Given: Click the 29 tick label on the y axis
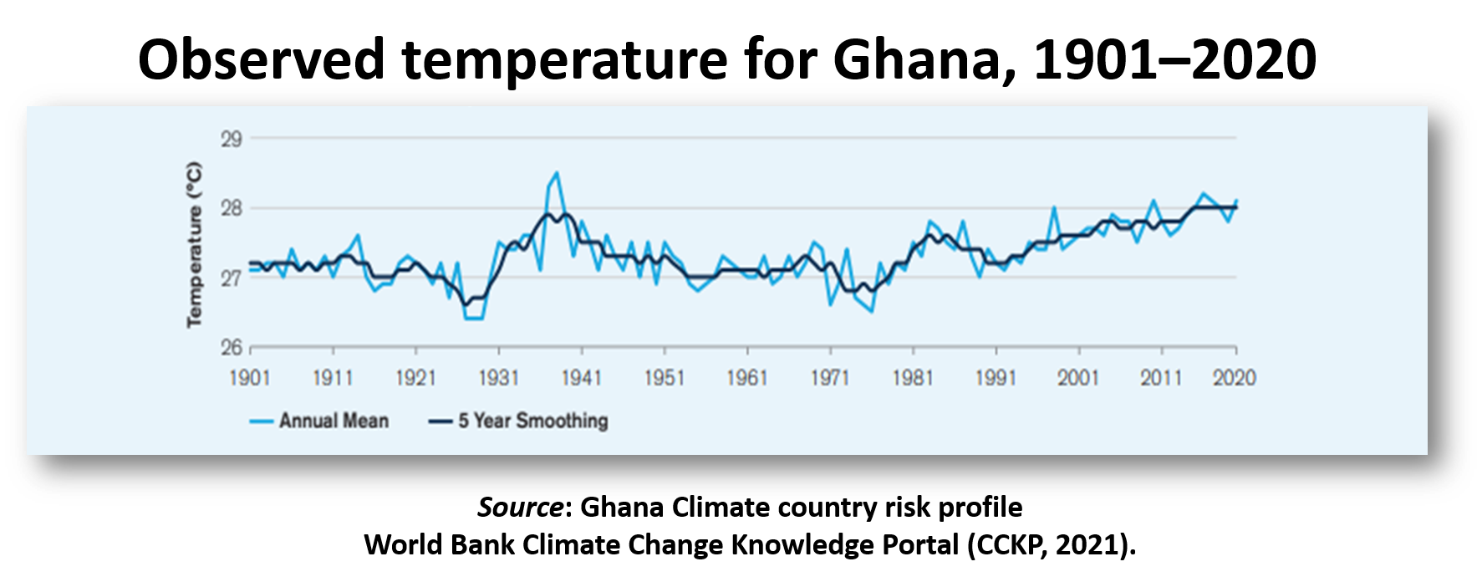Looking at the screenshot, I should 232,139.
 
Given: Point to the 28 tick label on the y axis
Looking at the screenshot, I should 232,208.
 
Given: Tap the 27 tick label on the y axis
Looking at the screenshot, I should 232,278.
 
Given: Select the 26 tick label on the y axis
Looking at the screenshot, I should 232,347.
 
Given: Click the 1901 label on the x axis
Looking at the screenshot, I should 250,378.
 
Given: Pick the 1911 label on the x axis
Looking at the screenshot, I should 333,378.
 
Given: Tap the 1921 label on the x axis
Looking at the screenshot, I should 415,378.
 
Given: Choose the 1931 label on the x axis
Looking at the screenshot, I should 498,378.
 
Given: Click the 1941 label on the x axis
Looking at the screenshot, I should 581,378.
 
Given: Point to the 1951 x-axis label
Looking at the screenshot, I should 664,378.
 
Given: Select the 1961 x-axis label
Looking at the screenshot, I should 746,378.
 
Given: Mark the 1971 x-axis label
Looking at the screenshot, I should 829,378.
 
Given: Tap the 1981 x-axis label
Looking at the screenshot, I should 912,378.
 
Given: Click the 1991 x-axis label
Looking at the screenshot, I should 995,378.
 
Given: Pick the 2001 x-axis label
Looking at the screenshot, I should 1077,378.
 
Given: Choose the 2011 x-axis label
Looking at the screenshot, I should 1160,378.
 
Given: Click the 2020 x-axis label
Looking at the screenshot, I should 1235,378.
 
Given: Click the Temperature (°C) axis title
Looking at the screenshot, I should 194,244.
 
